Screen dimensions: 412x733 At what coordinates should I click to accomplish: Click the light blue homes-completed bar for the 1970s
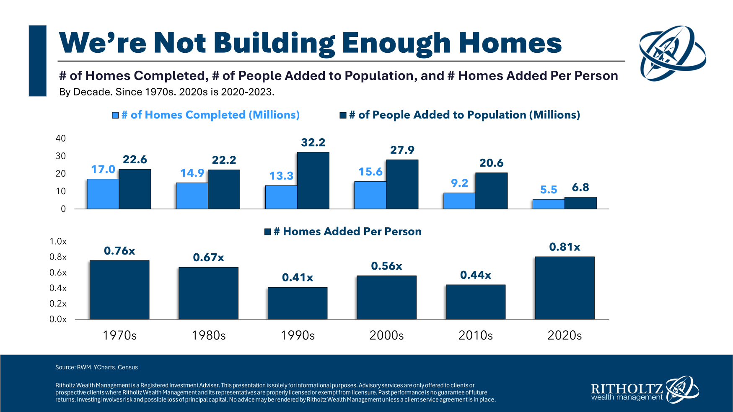[103, 194]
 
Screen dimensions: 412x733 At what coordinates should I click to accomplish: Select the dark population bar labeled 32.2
[313, 180]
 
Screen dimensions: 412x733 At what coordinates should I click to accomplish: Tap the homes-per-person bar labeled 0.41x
[298, 303]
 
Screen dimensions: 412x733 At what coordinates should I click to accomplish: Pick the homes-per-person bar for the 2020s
[565, 288]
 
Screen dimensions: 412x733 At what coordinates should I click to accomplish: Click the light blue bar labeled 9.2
[459, 201]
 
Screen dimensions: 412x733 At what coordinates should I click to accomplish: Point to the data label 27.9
[402, 150]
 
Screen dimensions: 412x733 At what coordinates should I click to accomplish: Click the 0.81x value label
[565, 247]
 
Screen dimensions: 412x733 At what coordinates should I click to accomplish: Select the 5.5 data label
[549, 190]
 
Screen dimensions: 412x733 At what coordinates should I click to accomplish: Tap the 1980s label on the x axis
[209, 335]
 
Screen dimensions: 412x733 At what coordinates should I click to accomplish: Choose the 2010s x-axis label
[476, 335]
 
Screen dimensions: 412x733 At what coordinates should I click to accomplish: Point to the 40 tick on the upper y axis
[61, 138]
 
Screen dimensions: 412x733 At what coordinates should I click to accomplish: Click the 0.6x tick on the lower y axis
[58, 273]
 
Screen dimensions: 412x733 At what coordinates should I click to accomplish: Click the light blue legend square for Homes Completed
[115, 115]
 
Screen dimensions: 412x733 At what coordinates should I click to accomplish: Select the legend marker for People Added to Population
[343, 115]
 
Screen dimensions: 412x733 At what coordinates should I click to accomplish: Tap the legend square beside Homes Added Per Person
[268, 232]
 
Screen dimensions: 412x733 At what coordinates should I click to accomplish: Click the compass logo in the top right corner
[672, 53]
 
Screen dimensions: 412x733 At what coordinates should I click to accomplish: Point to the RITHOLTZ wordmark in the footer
[627, 388]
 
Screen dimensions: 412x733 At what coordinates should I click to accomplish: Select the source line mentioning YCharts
[96, 367]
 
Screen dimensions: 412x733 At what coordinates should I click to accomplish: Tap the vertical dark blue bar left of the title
[38, 61]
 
